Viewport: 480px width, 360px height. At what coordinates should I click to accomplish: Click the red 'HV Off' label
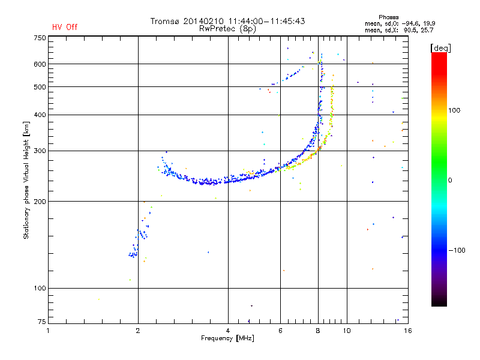click(65, 27)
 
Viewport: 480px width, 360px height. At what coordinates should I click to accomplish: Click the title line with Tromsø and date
click(227, 21)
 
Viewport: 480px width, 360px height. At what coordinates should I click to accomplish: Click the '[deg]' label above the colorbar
click(440, 47)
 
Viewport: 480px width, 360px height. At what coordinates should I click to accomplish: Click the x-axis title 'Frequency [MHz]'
click(227, 339)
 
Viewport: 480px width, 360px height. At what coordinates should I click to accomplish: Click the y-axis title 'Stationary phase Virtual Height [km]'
click(26, 180)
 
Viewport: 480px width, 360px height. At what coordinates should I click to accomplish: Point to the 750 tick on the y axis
click(40, 37)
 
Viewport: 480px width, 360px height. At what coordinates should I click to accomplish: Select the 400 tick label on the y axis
click(40, 115)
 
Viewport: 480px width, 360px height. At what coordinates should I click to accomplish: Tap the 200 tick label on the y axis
click(40, 201)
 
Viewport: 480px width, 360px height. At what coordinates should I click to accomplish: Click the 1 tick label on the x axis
click(49, 331)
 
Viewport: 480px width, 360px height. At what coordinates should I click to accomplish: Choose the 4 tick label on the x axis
click(228, 331)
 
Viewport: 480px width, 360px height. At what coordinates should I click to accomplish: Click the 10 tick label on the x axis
click(346, 331)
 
